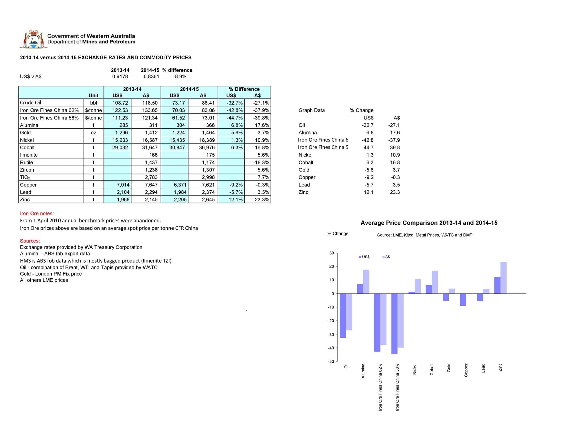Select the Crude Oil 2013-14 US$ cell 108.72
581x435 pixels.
pyautogui.click(x=120, y=103)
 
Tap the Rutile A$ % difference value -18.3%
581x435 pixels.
pyautogui.click(x=261, y=163)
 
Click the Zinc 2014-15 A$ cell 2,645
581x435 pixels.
pyautogui.click(x=208, y=199)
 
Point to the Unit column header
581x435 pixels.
pyautogui.click(x=93, y=95)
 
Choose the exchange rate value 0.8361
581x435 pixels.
pyautogui.click(x=151, y=76)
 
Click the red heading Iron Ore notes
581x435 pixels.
pyautogui.click(x=37, y=213)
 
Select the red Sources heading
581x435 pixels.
pyautogui.click(x=30, y=241)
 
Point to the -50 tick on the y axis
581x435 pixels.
pyautogui.click(x=331, y=361)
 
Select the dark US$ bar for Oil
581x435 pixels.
pyautogui.click(x=343, y=315)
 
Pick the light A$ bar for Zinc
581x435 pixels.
pyautogui.click(x=503, y=278)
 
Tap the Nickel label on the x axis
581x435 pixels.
pyautogui.click(x=414, y=369)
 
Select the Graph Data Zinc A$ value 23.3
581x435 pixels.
pyautogui.click(x=395, y=192)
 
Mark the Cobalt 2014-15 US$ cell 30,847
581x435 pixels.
pyautogui.click(x=177, y=147)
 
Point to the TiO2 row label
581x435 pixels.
pyautogui.click(x=25, y=177)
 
